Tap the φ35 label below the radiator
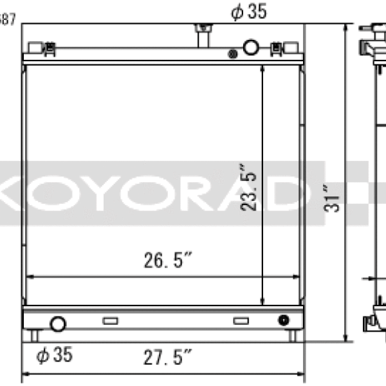click(x=54, y=354)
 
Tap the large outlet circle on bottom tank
click(x=58, y=323)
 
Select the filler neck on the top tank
click(x=203, y=35)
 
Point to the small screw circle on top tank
click(x=232, y=55)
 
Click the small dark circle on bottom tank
click(x=283, y=320)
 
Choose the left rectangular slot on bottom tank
click(x=110, y=320)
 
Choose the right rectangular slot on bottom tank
click(x=241, y=320)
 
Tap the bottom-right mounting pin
click(x=292, y=335)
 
